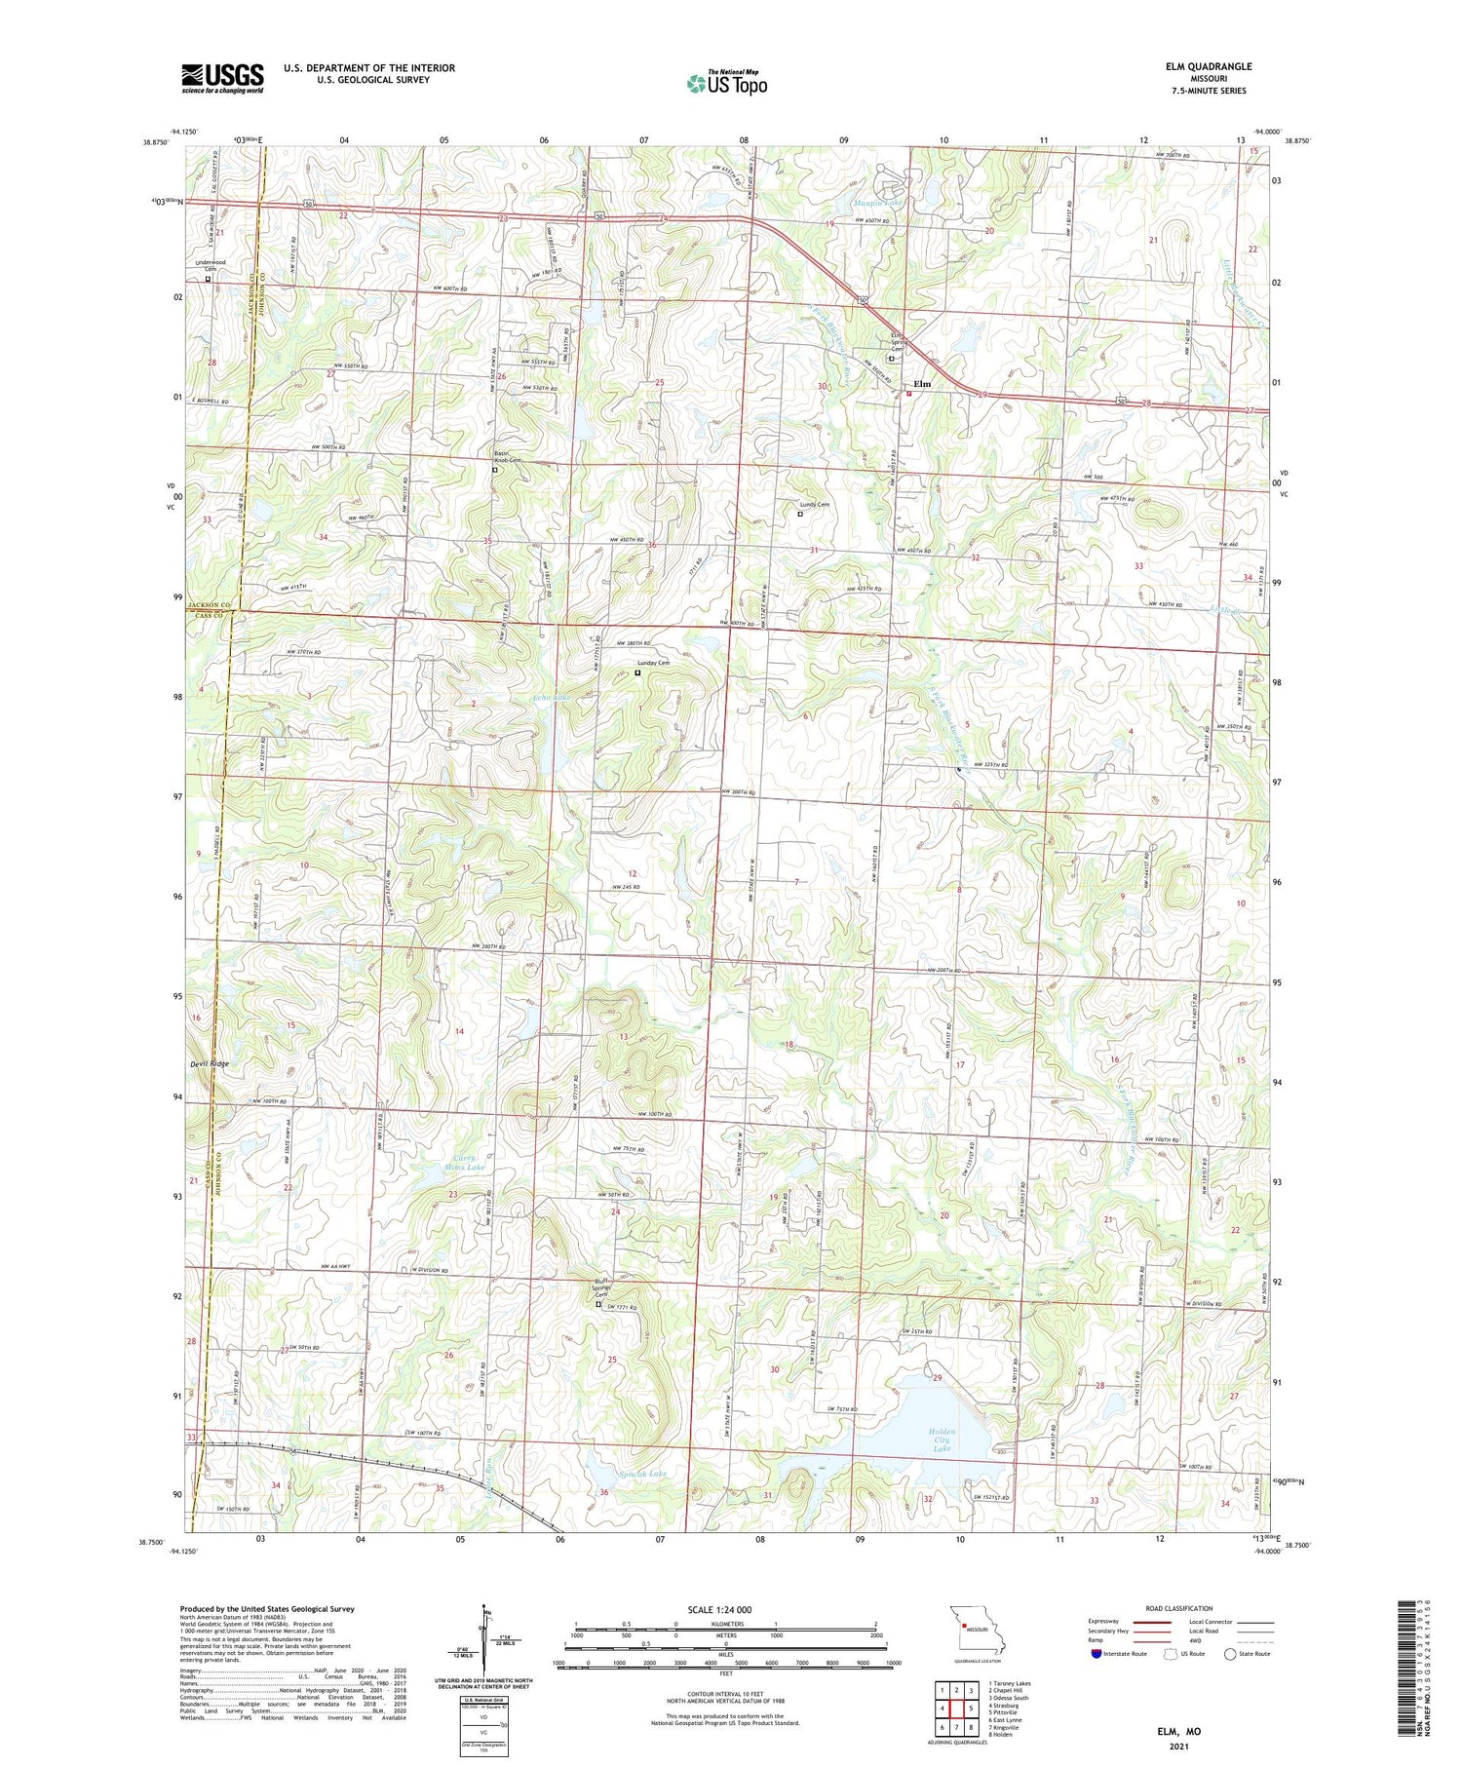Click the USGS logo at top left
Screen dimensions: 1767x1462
(x=222, y=78)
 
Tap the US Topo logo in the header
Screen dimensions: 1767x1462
(x=727, y=84)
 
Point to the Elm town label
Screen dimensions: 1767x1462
(x=922, y=384)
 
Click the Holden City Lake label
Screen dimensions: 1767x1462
(x=942, y=1440)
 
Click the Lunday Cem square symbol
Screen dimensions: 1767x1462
(x=638, y=672)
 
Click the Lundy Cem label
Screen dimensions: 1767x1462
(x=815, y=505)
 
